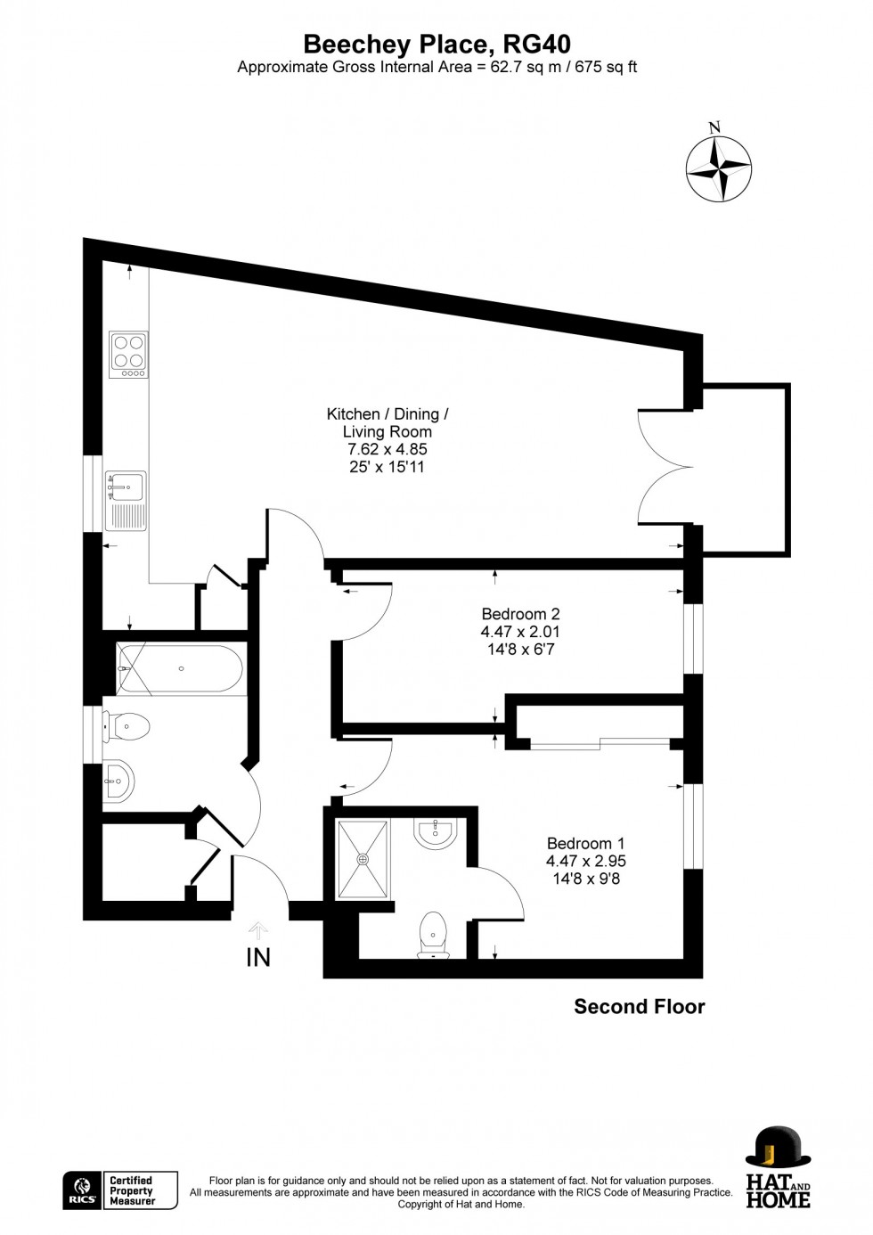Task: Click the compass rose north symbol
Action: pos(718,168)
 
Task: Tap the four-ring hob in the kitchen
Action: pos(128,354)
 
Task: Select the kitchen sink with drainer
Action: pos(126,501)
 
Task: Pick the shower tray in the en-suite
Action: pos(363,859)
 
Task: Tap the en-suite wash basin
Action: pos(436,833)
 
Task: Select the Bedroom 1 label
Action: pos(585,843)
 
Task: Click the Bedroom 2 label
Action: pos(520,614)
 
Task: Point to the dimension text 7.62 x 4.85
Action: pos(388,449)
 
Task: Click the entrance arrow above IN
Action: pos(258,931)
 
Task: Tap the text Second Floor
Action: pos(639,1007)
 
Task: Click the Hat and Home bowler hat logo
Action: pos(778,1148)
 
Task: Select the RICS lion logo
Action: pos(82,1190)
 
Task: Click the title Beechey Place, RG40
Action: pos(436,44)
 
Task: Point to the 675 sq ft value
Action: pos(606,67)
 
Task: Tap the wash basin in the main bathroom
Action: pos(118,782)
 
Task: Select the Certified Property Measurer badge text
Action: pos(131,1190)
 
